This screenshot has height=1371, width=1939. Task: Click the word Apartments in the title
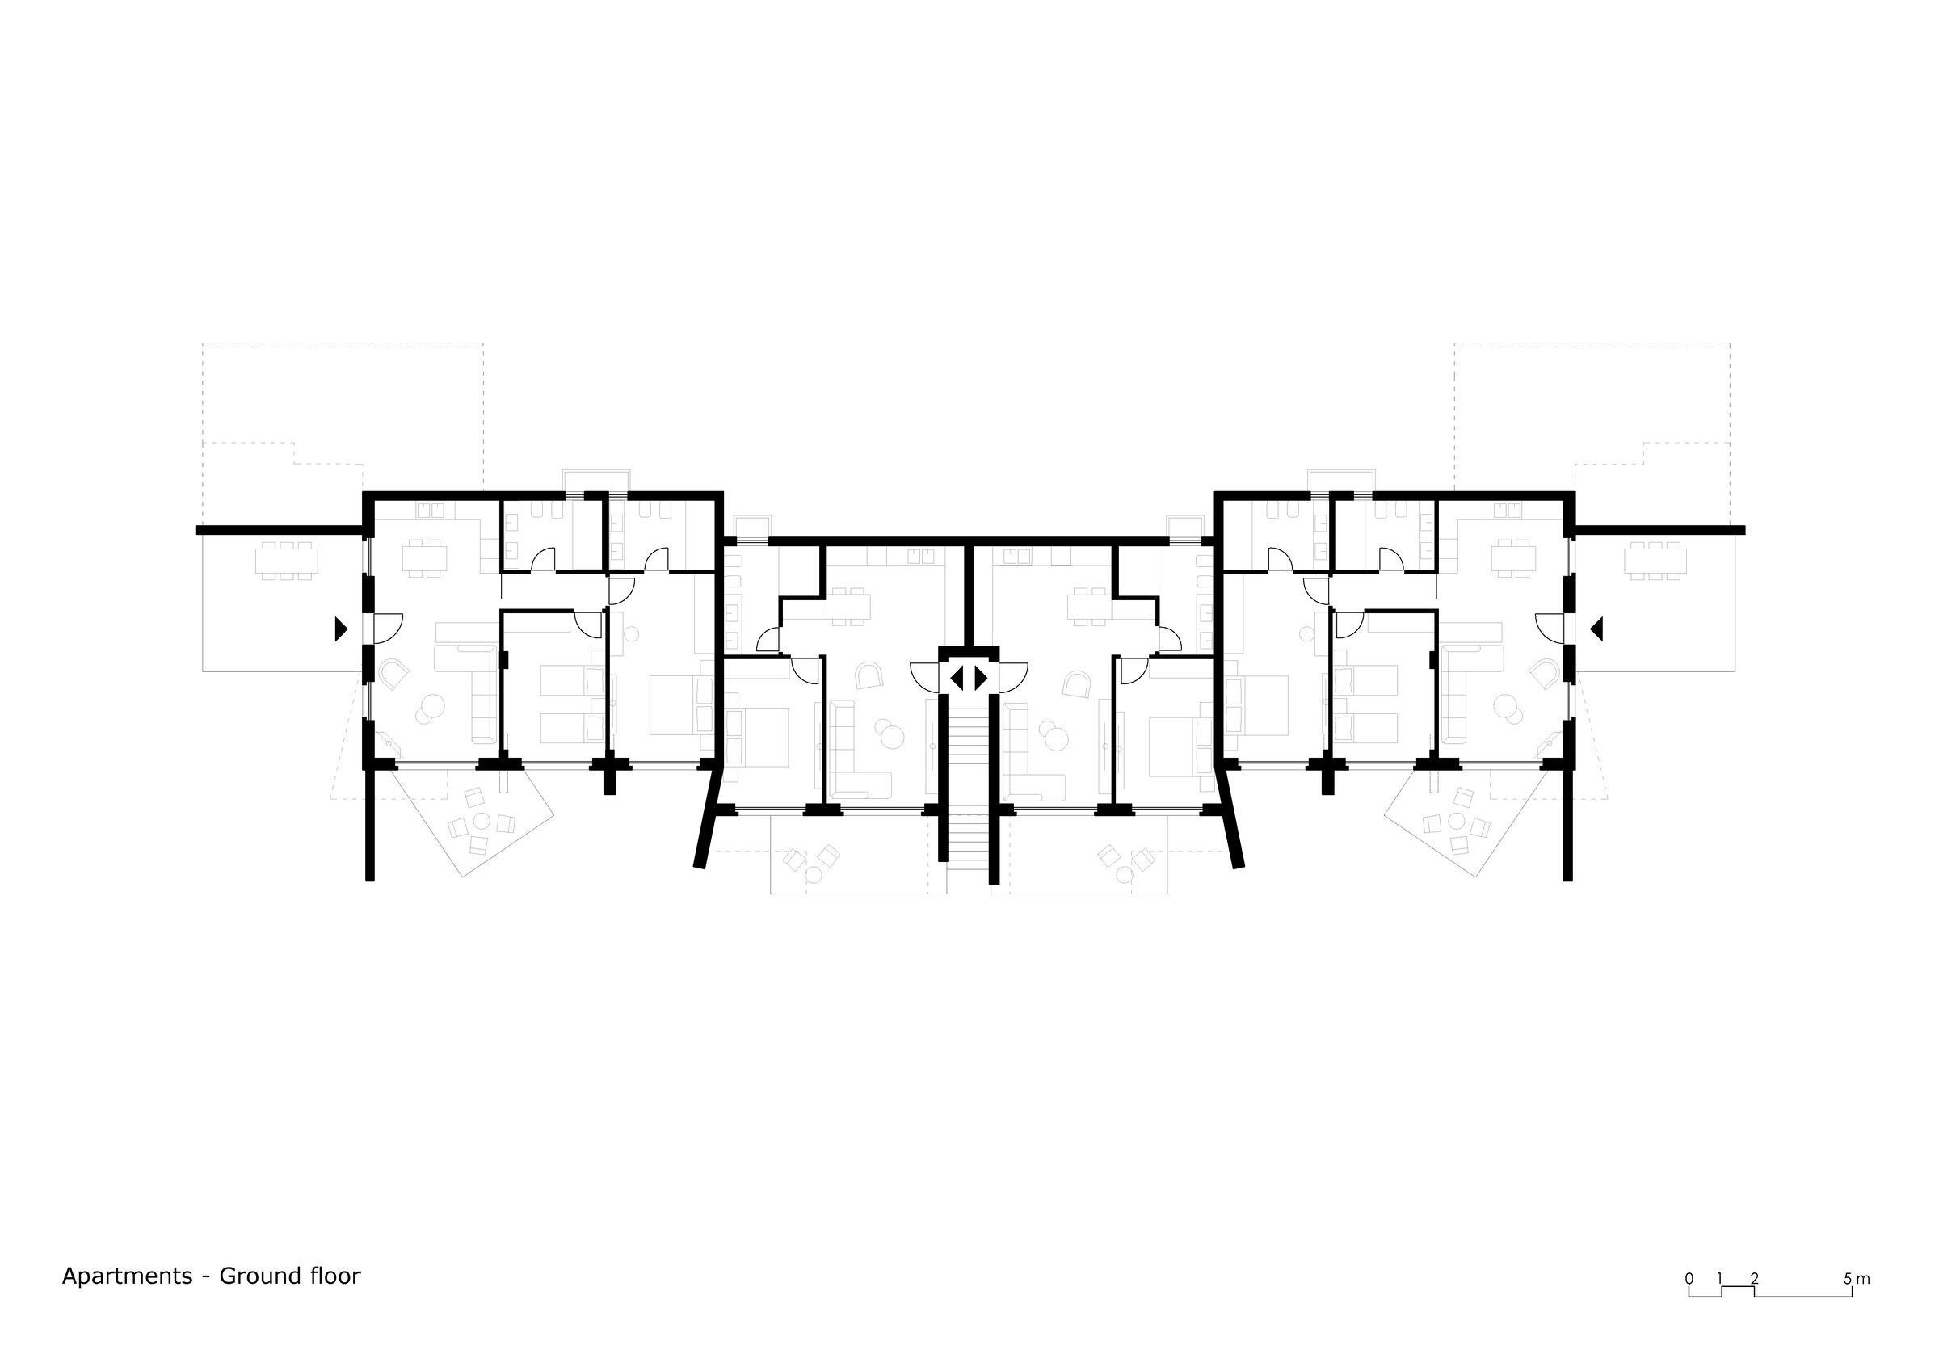(x=128, y=1276)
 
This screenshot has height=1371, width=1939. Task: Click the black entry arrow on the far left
(x=340, y=629)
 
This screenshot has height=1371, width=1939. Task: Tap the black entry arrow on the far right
(x=1596, y=629)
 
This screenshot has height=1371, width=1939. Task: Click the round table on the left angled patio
(x=483, y=821)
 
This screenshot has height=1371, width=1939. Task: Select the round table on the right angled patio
(x=1457, y=821)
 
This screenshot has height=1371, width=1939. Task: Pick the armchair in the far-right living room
(x=1545, y=674)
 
